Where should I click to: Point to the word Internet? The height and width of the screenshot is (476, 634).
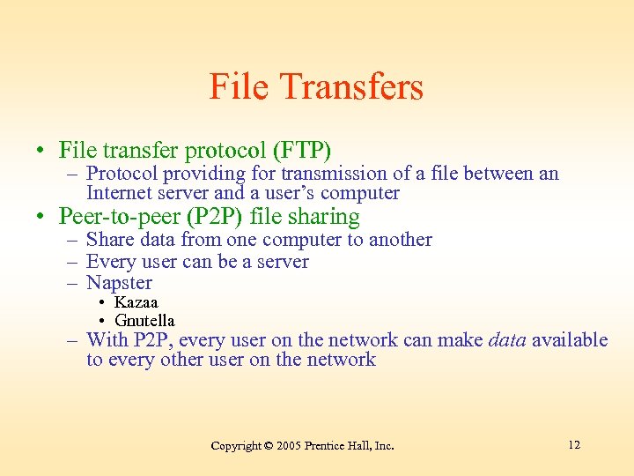pyautogui.click(x=120, y=193)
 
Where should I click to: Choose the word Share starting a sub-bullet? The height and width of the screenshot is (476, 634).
pyautogui.click(x=109, y=240)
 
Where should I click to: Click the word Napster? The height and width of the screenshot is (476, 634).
pyautogui.click(x=119, y=283)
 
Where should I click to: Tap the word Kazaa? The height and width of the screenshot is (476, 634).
pyautogui.click(x=136, y=302)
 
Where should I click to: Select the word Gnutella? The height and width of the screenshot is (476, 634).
pyautogui.click(x=145, y=320)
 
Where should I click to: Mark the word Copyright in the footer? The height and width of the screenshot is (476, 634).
pyautogui.click(x=236, y=446)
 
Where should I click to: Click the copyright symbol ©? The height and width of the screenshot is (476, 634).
pyautogui.click(x=269, y=446)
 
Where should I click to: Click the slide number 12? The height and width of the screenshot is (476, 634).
pyautogui.click(x=574, y=444)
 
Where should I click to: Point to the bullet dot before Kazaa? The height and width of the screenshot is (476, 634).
pyautogui.click(x=103, y=303)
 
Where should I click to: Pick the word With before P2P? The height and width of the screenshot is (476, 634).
pyautogui.click(x=107, y=340)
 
